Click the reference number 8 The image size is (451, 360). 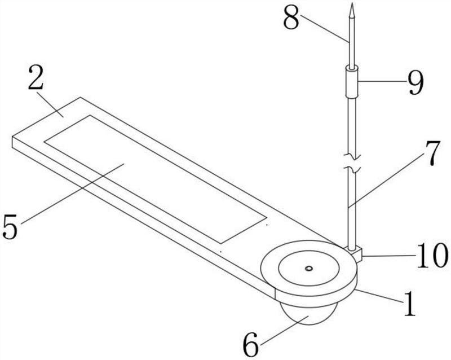pos(291,19)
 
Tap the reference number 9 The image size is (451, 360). pos(415,82)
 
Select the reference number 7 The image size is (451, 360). pos(431,153)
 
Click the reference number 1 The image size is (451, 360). pos(409,304)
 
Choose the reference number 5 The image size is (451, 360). pos(10,227)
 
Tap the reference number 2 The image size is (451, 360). pos(36,78)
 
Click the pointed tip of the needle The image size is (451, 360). pos(352,3)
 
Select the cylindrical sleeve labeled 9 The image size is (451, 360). pos(352,82)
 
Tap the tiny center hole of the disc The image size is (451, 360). pos(309,269)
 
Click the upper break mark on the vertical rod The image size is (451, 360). pos(351,157)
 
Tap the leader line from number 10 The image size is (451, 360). pos(388,256)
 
